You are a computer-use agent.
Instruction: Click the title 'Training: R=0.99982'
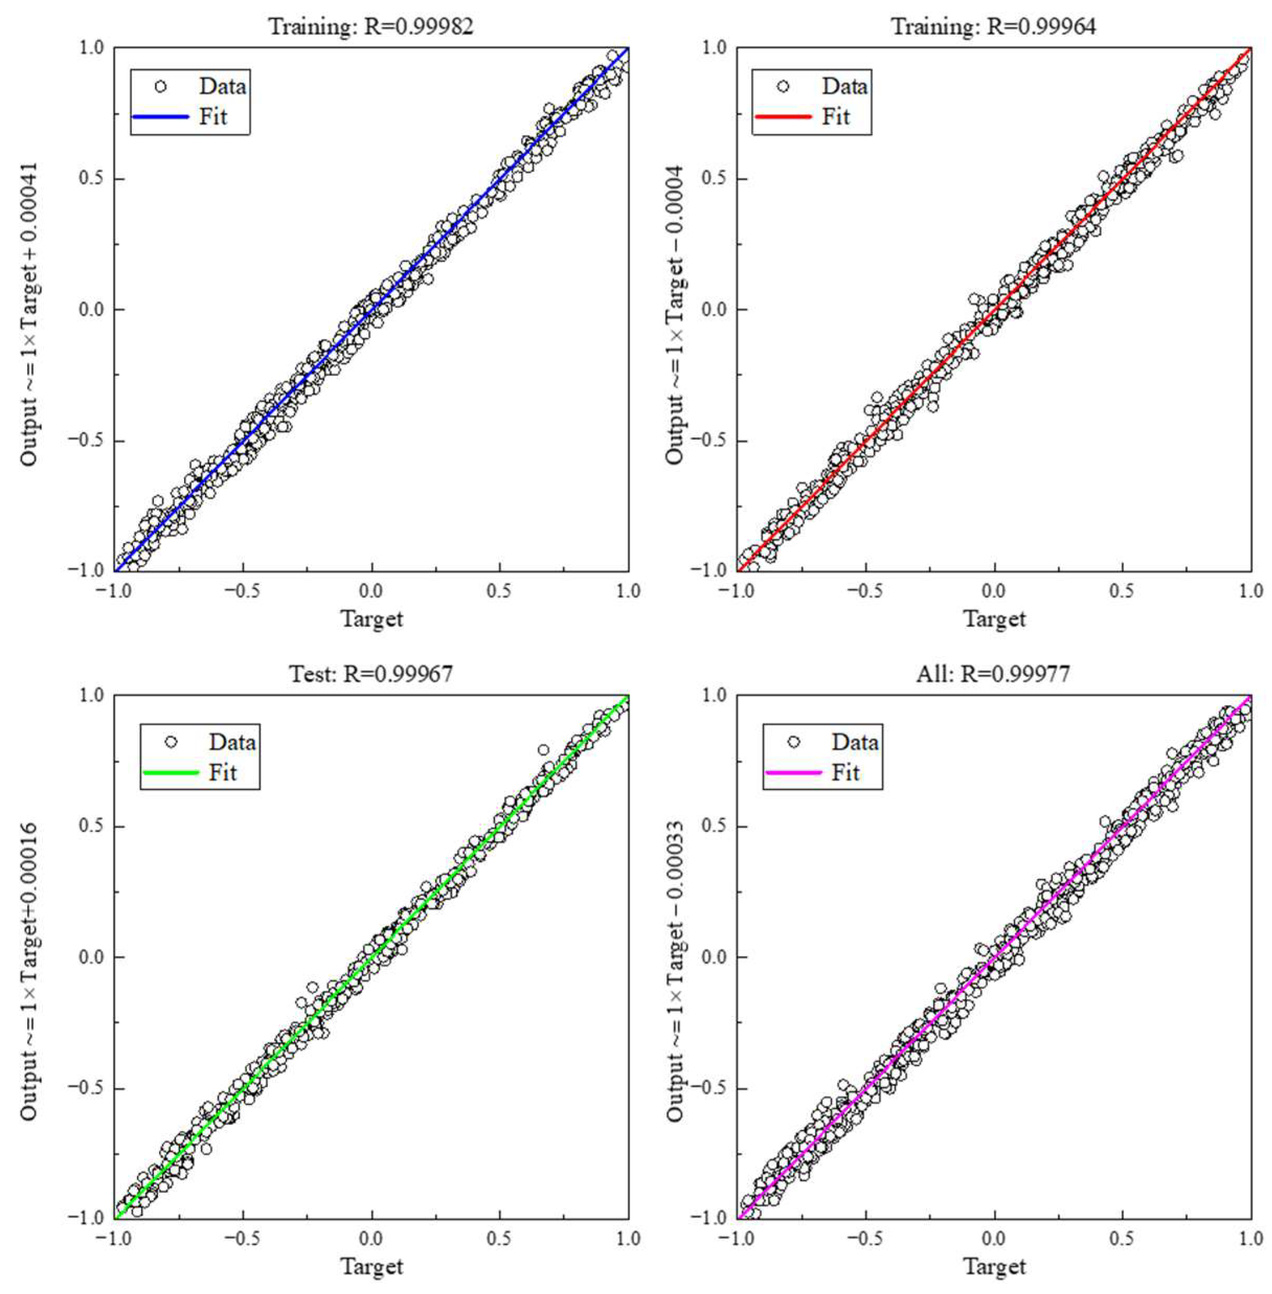[x=371, y=26]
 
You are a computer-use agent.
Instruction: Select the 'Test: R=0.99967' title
[x=371, y=673]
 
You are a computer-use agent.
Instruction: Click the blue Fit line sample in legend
[x=161, y=117]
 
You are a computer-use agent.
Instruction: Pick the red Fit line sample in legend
[x=783, y=117]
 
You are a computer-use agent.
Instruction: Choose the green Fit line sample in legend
[x=171, y=772]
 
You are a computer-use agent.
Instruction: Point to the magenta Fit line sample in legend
[x=793, y=772]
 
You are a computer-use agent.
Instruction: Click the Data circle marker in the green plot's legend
[x=171, y=742]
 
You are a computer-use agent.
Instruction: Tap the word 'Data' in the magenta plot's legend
[x=855, y=742]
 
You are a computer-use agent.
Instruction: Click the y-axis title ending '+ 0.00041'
[x=29, y=314]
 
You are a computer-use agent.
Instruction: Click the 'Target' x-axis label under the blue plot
[x=372, y=619]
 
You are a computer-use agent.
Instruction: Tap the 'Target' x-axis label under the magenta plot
[x=994, y=1266]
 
